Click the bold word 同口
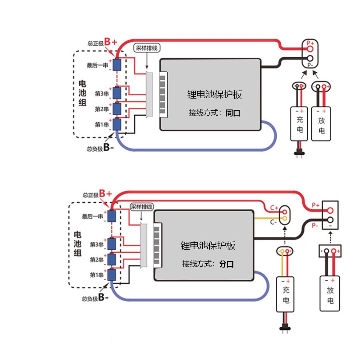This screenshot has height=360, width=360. pos(233,113)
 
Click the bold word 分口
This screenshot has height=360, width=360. pos(226,264)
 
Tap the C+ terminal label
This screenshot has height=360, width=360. pos(274,207)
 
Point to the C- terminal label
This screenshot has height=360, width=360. pos(273,222)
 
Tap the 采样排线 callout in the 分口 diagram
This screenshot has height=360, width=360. pos(141,206)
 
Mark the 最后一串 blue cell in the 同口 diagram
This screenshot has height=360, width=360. pos(117,64)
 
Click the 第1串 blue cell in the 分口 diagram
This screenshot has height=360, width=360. pos(112,275)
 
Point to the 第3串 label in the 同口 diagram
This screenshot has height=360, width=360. pos(102,93)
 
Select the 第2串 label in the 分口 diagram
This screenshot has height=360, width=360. pos(96,260)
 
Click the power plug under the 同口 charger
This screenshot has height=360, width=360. pos(300,153)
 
